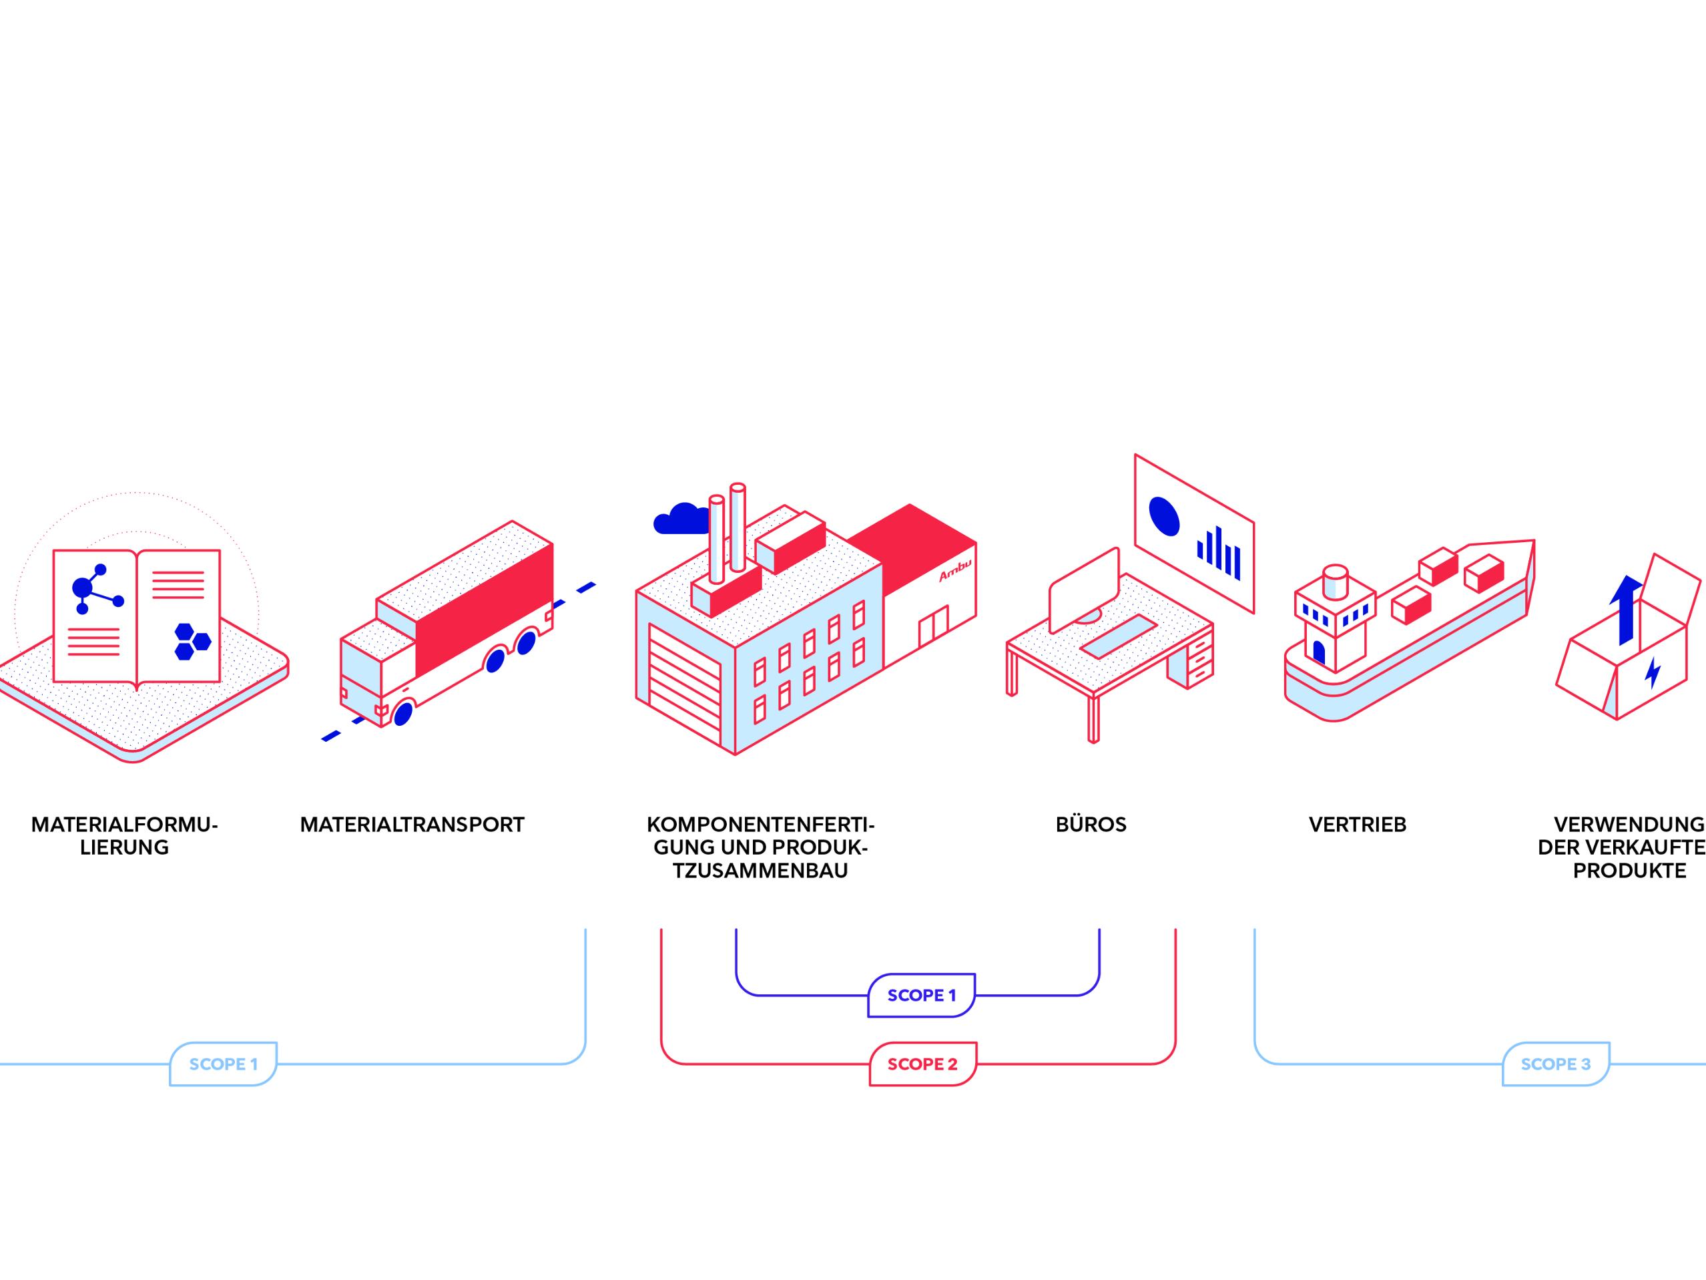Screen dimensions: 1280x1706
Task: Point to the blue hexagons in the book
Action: tap(192, 641)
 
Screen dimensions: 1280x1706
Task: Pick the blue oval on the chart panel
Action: tap(1164, 515)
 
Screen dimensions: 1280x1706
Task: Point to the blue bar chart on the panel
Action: tap(1219, 552)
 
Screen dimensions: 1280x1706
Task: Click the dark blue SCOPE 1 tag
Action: tap(922, 996)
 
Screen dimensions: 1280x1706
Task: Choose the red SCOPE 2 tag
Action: tap(922, 1064)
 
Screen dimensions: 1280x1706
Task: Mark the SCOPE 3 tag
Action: tap(1556, 1064)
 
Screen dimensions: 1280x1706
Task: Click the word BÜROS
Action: tap(1091, 825)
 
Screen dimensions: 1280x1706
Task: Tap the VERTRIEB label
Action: tap(1358, 825)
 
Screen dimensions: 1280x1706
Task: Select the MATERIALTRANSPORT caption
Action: tap(412, 825)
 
